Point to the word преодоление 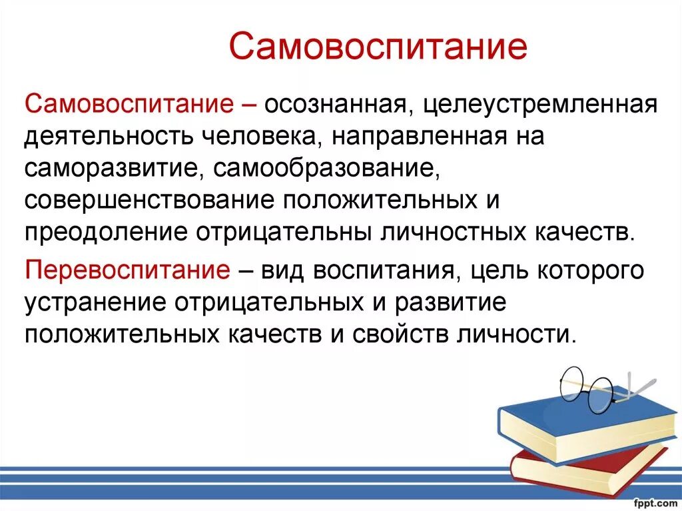tap(105, 232)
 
